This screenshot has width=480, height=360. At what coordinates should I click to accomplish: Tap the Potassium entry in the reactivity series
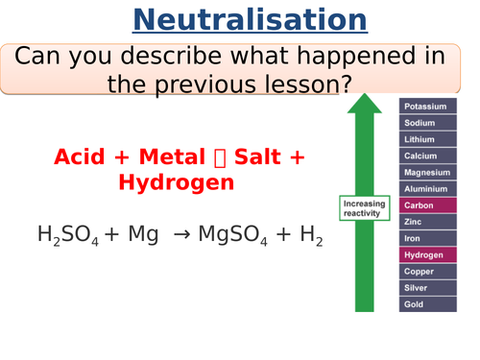coord(427,106)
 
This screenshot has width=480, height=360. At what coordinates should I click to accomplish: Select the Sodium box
coord(427,122)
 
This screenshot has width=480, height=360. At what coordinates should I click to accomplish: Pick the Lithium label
coord(427,138)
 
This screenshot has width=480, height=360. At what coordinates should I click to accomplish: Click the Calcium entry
coord(427,155)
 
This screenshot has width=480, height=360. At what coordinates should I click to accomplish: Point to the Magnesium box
coord(427,172)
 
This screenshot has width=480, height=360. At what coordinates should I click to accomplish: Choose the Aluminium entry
coord(427,188)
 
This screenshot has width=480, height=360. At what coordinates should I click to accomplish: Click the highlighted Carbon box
coord(427,204)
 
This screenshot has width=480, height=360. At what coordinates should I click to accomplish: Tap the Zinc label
coord(427,221)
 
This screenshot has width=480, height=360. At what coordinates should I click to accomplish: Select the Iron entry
coord(427,238)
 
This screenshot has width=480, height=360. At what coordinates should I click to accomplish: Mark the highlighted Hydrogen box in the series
coord(427,254)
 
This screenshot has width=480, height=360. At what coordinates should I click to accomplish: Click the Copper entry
coord(427,271)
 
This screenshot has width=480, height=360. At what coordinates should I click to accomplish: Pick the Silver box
coord(427,287)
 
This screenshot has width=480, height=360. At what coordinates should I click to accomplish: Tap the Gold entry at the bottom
coord(427,303)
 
